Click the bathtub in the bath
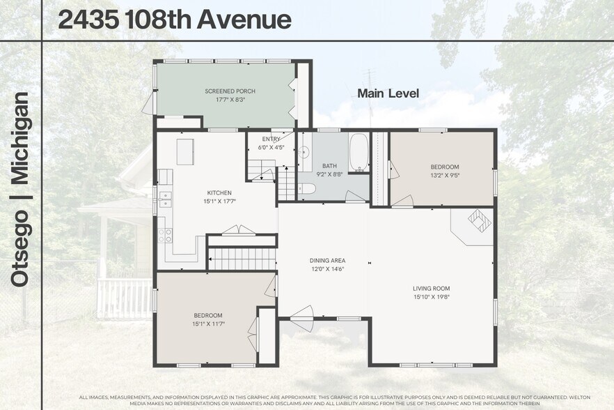(x=359, y=151)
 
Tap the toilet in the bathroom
(x=307, y=188)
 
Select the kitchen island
(x=184, y=151)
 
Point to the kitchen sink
(x=164, y=199)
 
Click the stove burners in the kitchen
(x=165, y=236)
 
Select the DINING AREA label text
(x=327, y=261)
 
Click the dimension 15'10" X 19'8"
(x=432, y=296)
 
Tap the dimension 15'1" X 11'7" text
(x=208, y=324)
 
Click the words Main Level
(x=388, y=93)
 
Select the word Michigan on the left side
(x=20, y=139)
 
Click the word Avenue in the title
(x=244, y=20)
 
